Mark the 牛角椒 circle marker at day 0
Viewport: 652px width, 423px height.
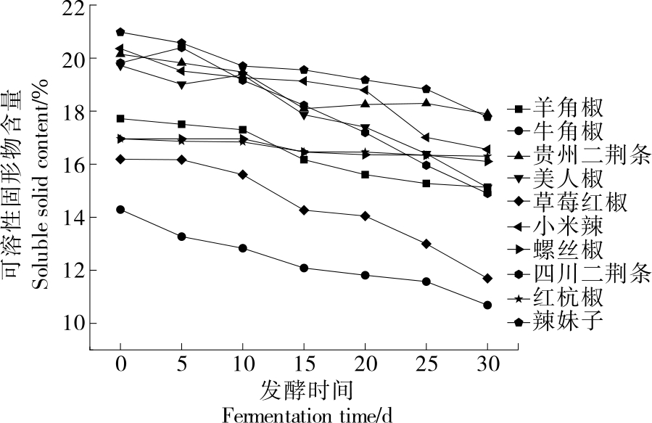click(x=120, y=210)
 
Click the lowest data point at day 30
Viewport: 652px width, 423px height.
click(x=487, y=305)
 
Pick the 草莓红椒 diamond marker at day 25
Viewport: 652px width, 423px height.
click(x=426, y=244)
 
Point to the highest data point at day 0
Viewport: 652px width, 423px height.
click(x=120, y=32)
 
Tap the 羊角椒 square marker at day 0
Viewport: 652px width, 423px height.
click(x=120, y=118)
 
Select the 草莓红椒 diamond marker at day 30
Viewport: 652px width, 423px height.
click(x=487, y=278)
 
